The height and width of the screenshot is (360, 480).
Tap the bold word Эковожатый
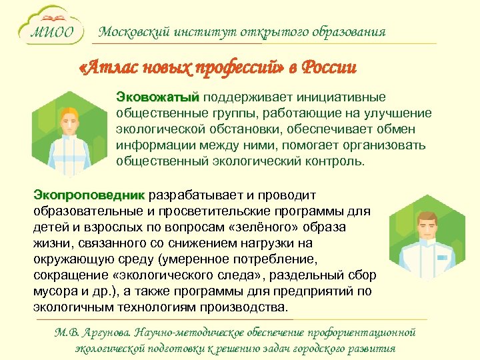pos(157,98)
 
